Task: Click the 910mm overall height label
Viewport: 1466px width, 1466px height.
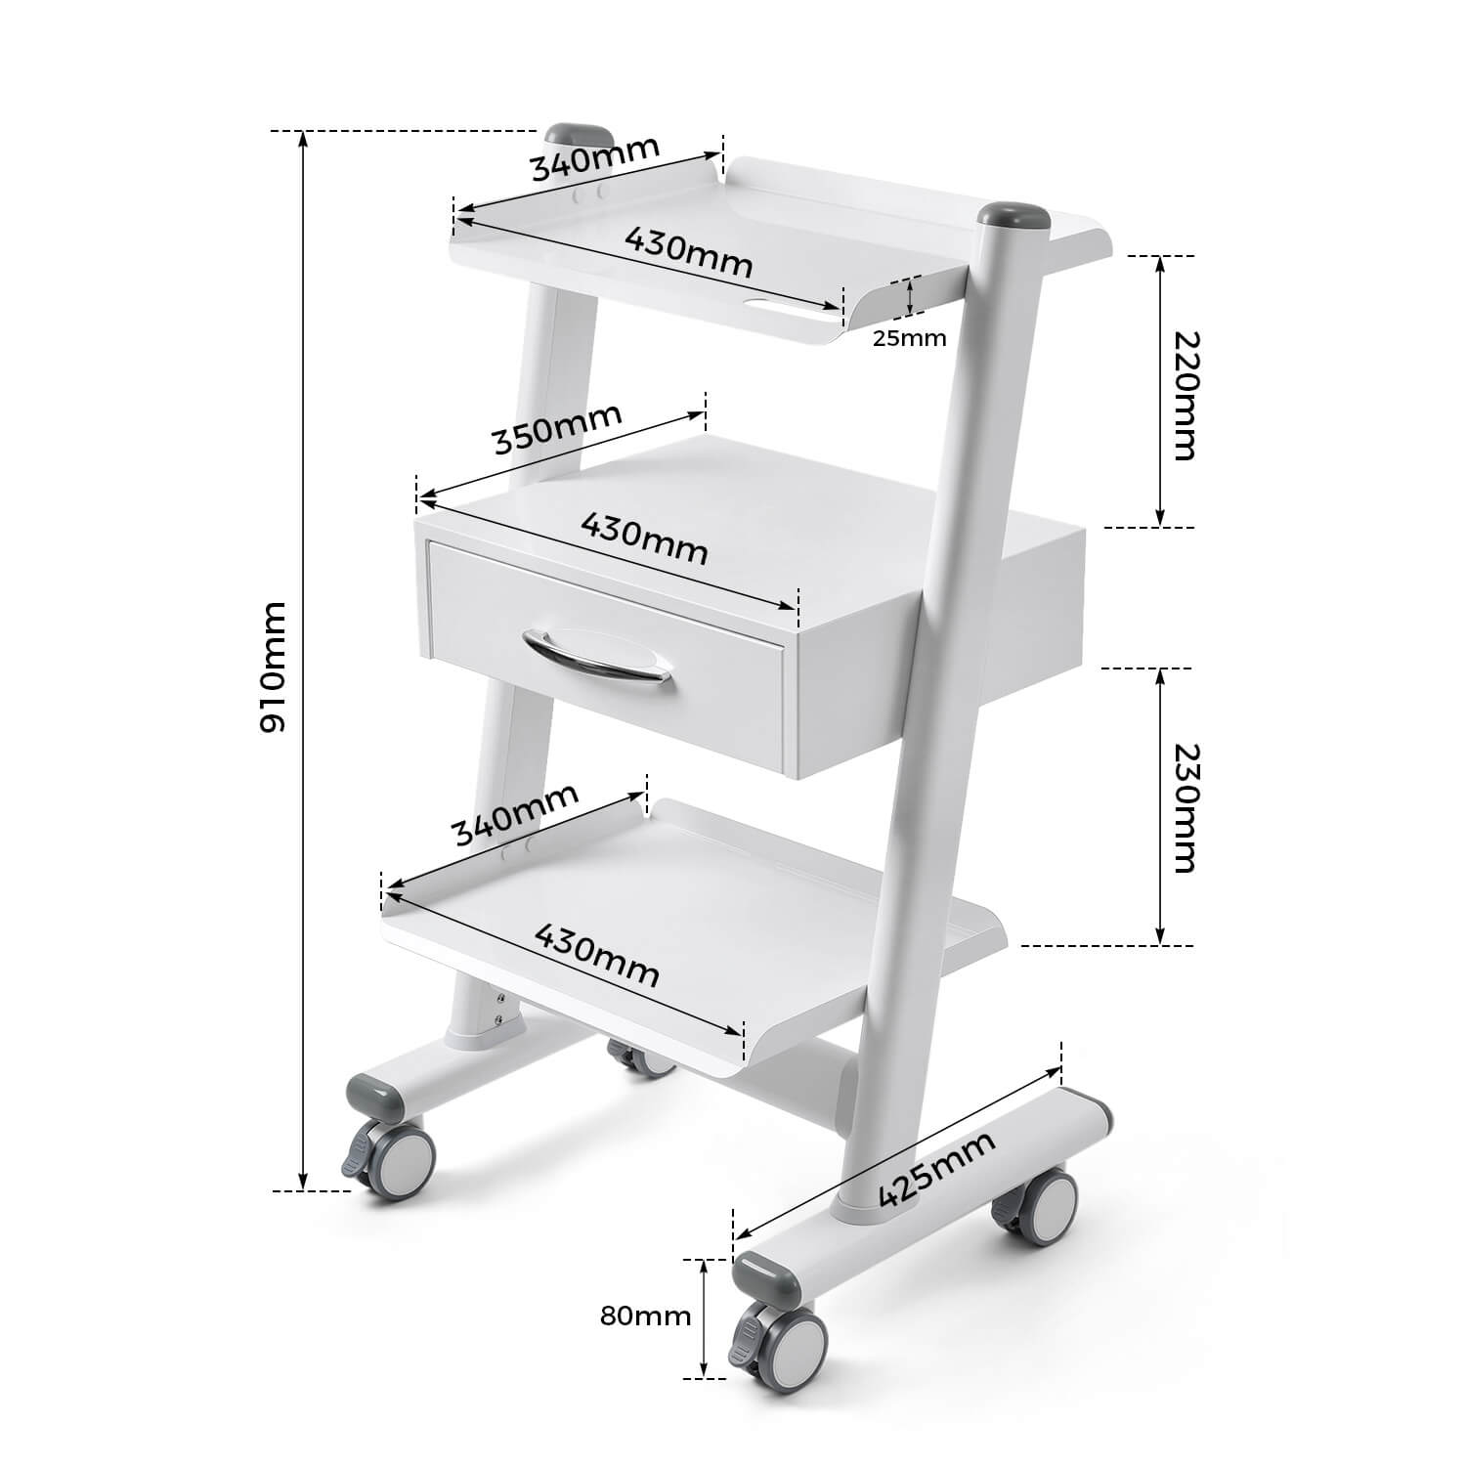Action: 273,667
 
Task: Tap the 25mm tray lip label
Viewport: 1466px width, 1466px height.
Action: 909,338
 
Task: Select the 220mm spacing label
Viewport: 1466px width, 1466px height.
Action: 1183,395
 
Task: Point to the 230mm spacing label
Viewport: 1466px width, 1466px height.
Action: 1183,807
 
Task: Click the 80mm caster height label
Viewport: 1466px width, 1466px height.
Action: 645,1315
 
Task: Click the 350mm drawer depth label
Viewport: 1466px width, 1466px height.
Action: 557,428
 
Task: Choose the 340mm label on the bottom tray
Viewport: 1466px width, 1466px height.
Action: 515,813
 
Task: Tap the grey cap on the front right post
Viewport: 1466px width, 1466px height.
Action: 1013,217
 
